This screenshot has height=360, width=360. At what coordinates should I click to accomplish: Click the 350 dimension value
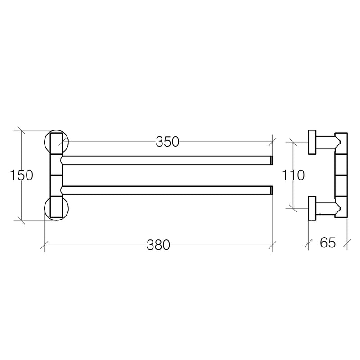[167, 142]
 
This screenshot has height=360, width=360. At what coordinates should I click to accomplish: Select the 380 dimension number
[158, 245]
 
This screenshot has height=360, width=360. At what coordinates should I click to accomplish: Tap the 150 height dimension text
[22, 175]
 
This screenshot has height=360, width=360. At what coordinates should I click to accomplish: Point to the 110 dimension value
[293, 175]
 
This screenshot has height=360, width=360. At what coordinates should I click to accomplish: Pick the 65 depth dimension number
[328, 243]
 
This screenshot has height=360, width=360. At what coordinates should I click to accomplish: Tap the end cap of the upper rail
[272, 160]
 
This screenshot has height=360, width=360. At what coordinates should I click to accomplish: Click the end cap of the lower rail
[272, 190]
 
